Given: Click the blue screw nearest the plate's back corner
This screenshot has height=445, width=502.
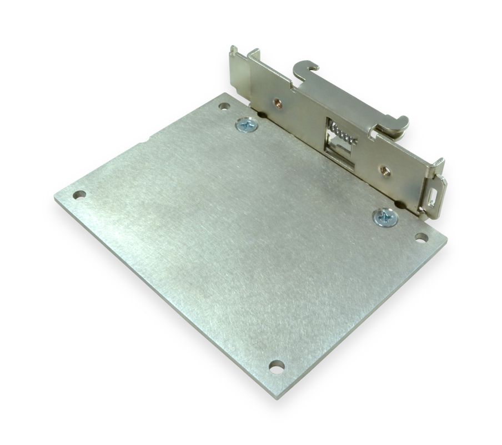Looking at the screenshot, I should point(245,126).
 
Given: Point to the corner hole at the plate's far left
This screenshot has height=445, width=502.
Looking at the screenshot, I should point(81,195).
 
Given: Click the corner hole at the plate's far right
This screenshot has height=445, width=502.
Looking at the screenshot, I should point(421,238).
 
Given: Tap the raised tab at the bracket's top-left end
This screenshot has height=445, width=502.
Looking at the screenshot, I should point(235,53).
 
